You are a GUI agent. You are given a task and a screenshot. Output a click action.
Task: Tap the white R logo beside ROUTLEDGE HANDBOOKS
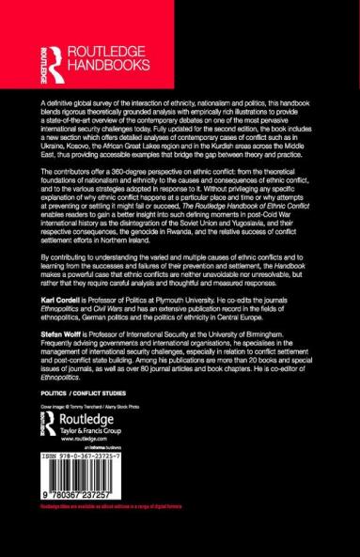43,57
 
